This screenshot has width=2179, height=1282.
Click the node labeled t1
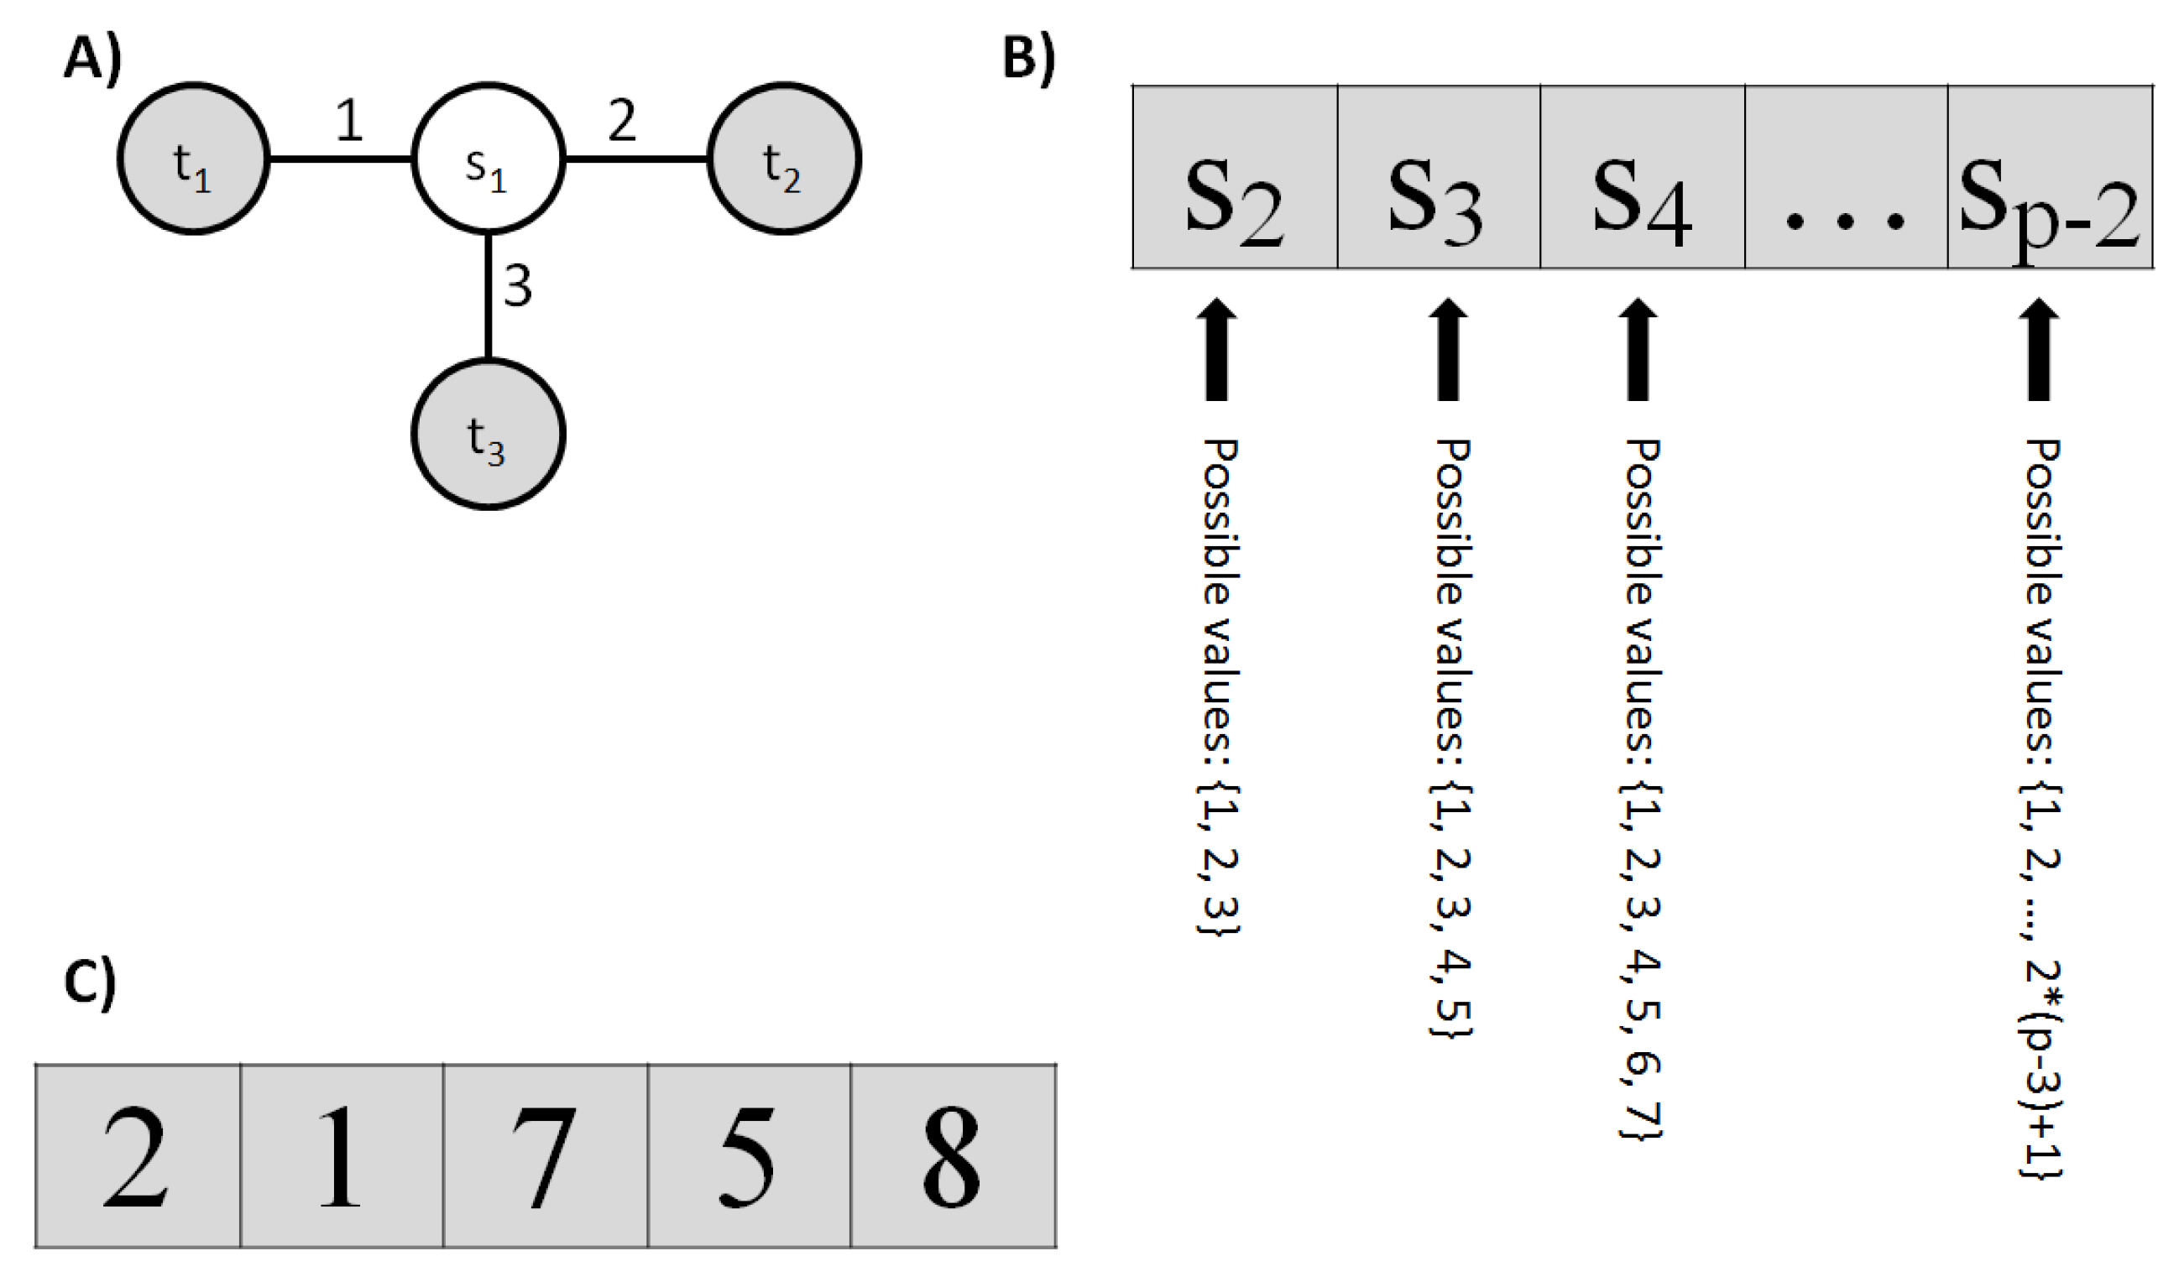tap(194, 159)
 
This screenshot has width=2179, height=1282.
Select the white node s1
tap(488, 159)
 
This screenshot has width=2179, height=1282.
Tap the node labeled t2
tap(783, 159)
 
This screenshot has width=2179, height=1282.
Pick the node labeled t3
tap(488, 434)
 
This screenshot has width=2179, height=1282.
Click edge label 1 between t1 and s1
tap(348, 121)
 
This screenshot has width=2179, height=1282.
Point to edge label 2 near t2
tap(622, 121)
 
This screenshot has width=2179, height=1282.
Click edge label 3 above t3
tap(517, 287)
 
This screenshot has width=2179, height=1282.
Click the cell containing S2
tap(1235, 177)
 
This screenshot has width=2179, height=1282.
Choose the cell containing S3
tap(1438, 177)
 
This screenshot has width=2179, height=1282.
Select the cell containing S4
tap(1642, 177)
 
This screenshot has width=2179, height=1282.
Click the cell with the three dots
tap(1845, 177)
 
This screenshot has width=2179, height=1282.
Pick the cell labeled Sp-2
tap(2049, 177)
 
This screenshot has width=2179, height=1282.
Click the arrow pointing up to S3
tap(1449, 350)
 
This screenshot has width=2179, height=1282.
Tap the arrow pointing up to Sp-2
tap(2039, 350)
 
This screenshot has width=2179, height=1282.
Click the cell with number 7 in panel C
tap(545, 1156)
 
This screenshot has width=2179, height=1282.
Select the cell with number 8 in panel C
tap(953, 1156)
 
